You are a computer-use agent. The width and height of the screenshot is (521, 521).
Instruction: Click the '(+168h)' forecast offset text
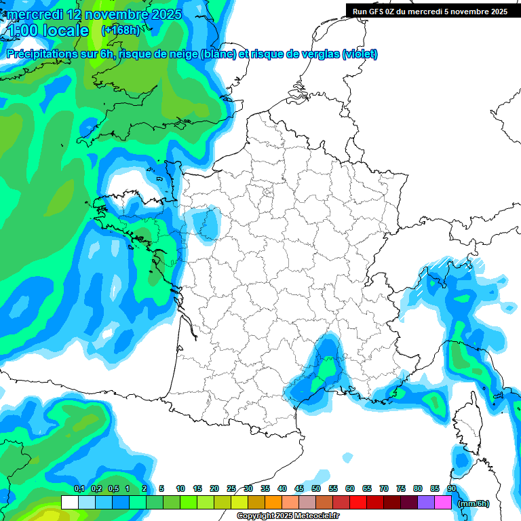119,30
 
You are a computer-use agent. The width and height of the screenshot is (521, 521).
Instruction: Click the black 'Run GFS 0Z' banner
430,11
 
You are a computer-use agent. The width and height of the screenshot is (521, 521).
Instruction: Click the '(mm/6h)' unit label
474,503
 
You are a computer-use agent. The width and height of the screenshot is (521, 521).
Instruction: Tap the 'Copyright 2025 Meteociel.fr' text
288,516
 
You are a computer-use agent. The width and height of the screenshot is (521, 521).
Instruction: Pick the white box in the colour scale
69,503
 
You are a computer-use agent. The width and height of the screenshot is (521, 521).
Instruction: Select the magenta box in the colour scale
443,503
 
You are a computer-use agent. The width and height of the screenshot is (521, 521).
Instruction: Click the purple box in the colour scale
426,503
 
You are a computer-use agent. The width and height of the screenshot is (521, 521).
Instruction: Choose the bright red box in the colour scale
358,503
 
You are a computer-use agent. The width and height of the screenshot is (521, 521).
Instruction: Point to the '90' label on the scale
452,488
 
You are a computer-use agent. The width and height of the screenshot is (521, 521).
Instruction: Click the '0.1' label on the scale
79,488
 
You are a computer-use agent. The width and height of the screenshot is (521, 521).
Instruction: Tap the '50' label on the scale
316,488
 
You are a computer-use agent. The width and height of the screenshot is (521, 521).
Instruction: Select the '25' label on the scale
231,488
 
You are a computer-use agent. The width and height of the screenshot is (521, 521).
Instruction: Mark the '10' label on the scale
180,488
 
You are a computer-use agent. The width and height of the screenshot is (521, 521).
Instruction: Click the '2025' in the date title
163,14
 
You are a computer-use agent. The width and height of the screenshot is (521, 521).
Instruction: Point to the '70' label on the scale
384,488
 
